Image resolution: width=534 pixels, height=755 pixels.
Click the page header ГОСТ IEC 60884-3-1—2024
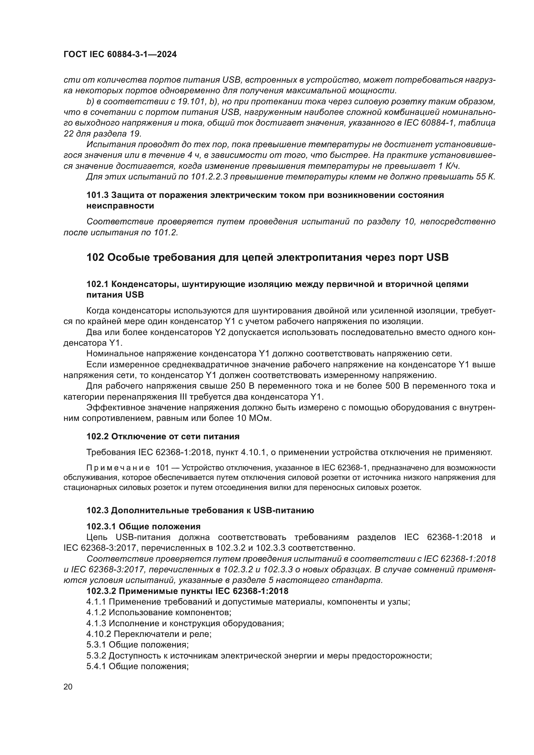(x=120, y=54)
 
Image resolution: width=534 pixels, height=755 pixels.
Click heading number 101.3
(x=97, y=195)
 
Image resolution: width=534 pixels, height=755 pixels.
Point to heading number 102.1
(x=97, y=284)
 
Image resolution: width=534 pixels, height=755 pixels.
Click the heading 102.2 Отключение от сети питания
(x=163, y=436)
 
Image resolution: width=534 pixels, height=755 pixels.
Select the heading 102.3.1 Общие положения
(x=143, y=526)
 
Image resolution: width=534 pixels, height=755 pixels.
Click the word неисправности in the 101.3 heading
(x=120, y=206)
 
